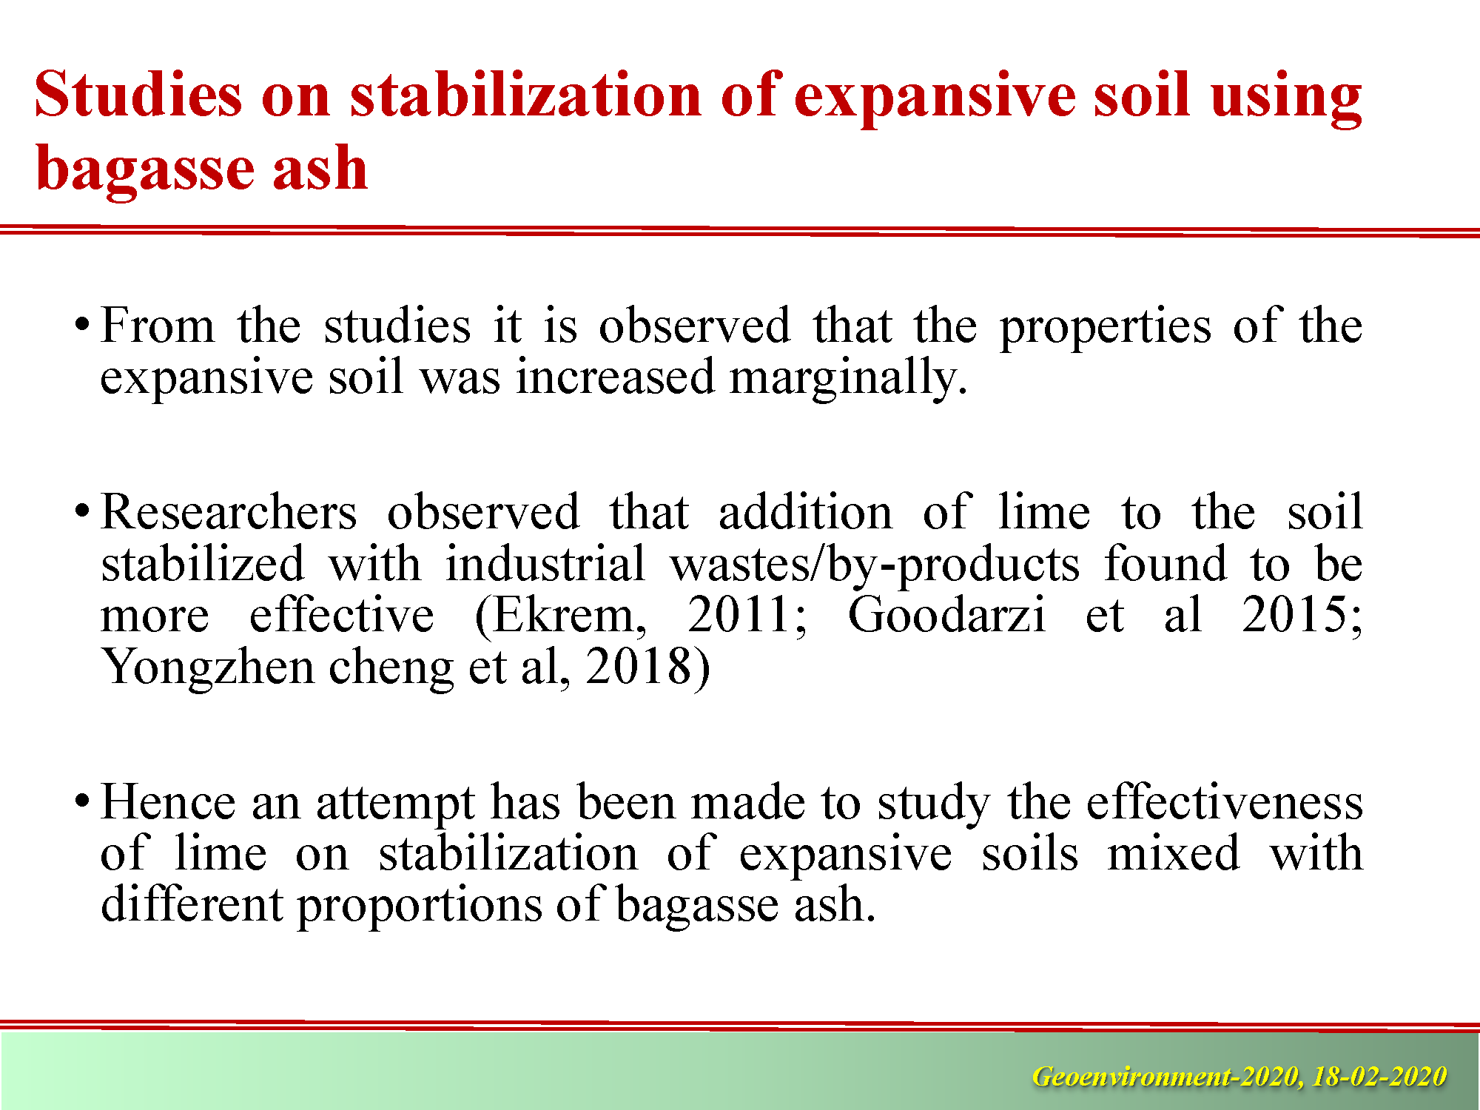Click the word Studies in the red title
(138, 94)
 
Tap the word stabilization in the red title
(526, 94)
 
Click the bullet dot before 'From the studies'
(82, 326)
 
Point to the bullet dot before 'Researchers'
(82, 511)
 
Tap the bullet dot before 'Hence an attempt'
(82, 801)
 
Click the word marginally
(848, 379)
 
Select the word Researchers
(229, 511)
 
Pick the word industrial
(545, 564)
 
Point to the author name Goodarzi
(946, 616)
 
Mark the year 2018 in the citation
(639, 667)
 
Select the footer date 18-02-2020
(1379, 1076)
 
